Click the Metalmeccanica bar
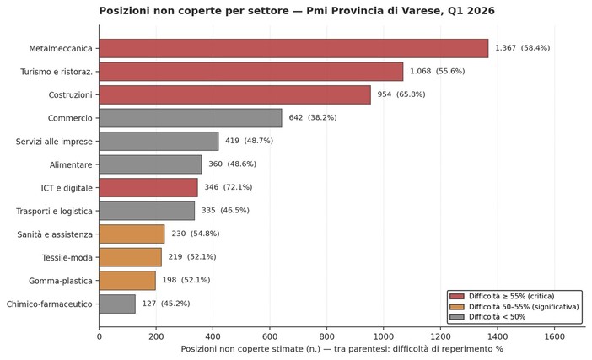coord(293,48)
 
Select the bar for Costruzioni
coord(234,94)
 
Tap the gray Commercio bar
coord(191,118)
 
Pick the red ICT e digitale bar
coord(148,187)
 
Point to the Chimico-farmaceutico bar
coord(117,304)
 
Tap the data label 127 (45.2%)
coord(166,304)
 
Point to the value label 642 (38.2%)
coord(312,118)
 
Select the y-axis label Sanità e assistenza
coord(55,234)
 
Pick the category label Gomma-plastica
coord(61,280)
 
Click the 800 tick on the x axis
coord(327,336)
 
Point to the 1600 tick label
coord(554,336)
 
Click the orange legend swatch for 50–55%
coord(457,307)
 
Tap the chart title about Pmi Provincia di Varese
coord(297,11)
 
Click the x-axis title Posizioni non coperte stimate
coord(342,349)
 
